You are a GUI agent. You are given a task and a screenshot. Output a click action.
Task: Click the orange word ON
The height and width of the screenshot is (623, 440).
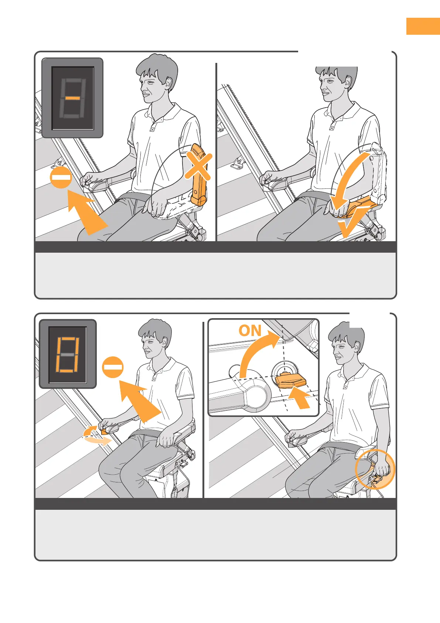[x=250, y=330]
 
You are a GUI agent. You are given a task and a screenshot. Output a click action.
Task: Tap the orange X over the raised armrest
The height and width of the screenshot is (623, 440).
[x=198, y=166]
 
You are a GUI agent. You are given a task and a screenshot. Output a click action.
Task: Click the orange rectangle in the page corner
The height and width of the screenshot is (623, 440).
[x=423, y=26]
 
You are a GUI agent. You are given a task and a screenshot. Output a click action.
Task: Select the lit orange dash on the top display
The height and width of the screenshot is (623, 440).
[x=73, y=98]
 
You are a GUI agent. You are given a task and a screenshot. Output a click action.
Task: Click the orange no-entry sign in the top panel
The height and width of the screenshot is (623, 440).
[x=61, y=177]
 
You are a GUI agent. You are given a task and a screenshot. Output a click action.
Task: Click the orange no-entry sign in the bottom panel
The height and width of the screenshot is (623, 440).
[x=113, y=367]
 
